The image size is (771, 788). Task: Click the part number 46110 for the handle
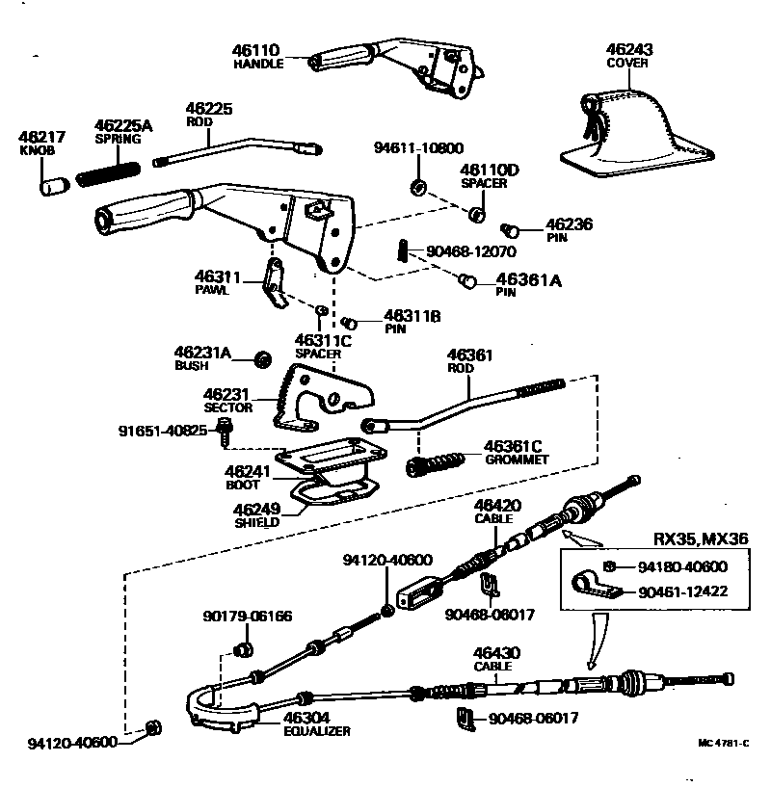(x=255, y=49)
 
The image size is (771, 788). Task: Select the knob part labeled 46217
(x=52, y=182)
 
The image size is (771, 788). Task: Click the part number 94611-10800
(x=417, y=148)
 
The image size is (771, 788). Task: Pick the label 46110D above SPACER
(x=489, y=170)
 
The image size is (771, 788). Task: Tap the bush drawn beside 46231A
(x=261, y=359)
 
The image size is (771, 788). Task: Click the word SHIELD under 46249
(x=256, y=522)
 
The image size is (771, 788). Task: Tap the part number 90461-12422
(x=682, y=591)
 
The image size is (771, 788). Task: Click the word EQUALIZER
(x=317, y=731)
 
